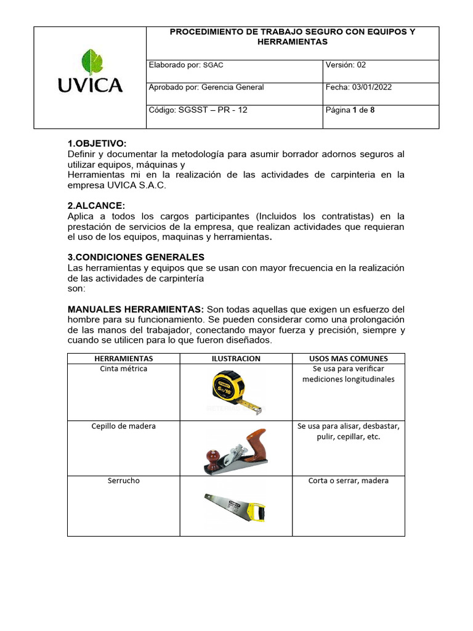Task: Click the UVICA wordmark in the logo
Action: pos(90,86)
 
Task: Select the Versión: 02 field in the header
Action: pos(346,65)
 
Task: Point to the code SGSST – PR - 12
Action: pos(198,110)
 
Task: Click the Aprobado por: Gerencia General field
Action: pos(206,87)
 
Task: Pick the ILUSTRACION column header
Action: pos(236,358)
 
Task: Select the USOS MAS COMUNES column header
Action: pos(348,358)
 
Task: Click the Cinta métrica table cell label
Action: pos(123,368)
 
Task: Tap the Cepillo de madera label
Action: pos(124,426)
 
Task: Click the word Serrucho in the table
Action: pos(124,480)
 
